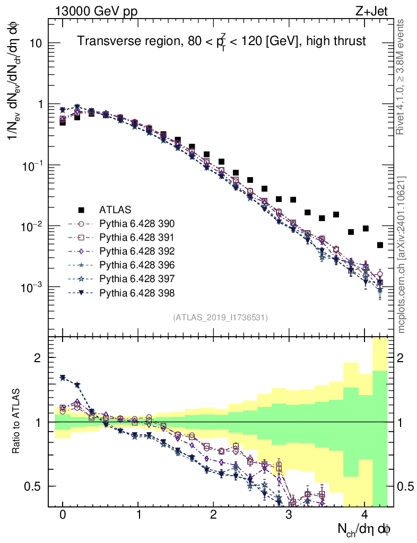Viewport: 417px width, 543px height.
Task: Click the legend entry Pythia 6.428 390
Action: click(138, 223)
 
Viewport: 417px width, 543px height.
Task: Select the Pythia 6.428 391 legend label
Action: click(138, 237)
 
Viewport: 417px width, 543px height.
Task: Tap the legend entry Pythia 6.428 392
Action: click(138, 251)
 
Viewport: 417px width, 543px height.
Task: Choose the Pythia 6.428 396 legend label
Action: click(138, 265)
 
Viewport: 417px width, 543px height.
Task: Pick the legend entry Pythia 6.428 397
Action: click(138, 278)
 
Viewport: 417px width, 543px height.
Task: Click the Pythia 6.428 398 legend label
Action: click(138, 292)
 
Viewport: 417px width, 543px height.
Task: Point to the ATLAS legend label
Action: click(115, 209)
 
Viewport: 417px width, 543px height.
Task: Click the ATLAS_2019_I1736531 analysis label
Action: click(220, 318)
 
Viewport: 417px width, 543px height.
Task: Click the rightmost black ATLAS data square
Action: click(380, 245)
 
